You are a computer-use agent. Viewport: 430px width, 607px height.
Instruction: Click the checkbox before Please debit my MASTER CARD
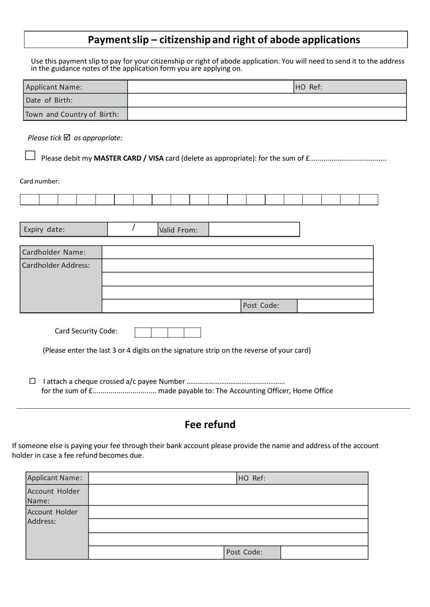click(x=30, y=155)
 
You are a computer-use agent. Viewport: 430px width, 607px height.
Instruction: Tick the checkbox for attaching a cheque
click(x=33, y=381)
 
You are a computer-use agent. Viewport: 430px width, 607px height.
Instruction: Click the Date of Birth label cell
click(x=75, y=100)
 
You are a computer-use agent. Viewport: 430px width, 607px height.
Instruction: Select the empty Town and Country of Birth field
click(x=267, y=114)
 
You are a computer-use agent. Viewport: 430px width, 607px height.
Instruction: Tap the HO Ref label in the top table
click(x=309, y=87)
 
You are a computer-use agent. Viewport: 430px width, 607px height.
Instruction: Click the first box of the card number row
click(x=29, y=200)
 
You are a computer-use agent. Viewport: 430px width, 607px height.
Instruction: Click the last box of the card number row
click(x=368, y=200)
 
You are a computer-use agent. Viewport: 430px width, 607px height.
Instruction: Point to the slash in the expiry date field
click(x=133, y=228)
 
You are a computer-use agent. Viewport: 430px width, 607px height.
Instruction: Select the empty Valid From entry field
click(x=254, y=229)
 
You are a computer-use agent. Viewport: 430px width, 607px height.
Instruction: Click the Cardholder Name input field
click(x=237, y=252)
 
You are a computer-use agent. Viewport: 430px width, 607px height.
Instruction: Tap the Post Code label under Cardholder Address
click(x=261, y=306)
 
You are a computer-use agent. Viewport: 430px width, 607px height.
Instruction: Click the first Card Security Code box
click(x=143, y=333)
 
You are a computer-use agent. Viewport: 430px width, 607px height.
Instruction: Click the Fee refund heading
click(x=210, y=425)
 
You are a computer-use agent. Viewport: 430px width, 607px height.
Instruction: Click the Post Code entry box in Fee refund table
click(x=324, y=552)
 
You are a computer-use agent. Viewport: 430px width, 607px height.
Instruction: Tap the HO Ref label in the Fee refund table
click(x=252, y=478)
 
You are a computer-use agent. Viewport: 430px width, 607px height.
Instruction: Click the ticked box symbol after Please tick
click(x=67, y=137)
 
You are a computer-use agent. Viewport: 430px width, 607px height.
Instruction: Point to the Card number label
click(x=40, y=182)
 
